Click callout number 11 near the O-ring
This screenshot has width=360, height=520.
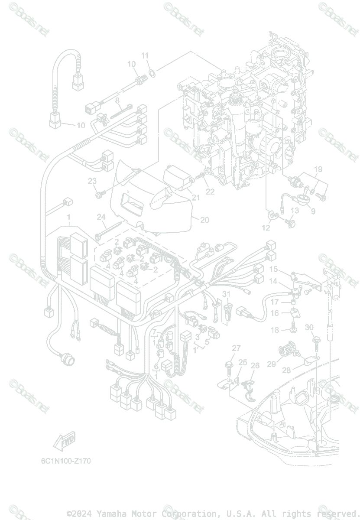point(145,55)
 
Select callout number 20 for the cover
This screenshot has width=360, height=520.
point(204,220)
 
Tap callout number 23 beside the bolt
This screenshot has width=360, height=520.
point(92,181)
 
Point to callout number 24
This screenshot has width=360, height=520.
point(101,217)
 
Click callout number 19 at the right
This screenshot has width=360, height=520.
point(318,169)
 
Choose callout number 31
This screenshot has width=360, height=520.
point(226,294)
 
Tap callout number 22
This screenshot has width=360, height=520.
point(210,191)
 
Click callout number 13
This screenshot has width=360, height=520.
point(295,211)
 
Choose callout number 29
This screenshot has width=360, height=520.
point(271,364)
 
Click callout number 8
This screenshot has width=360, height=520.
point(117,101)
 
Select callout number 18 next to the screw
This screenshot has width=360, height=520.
point(275,330)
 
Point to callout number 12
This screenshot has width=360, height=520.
point(266,227)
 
